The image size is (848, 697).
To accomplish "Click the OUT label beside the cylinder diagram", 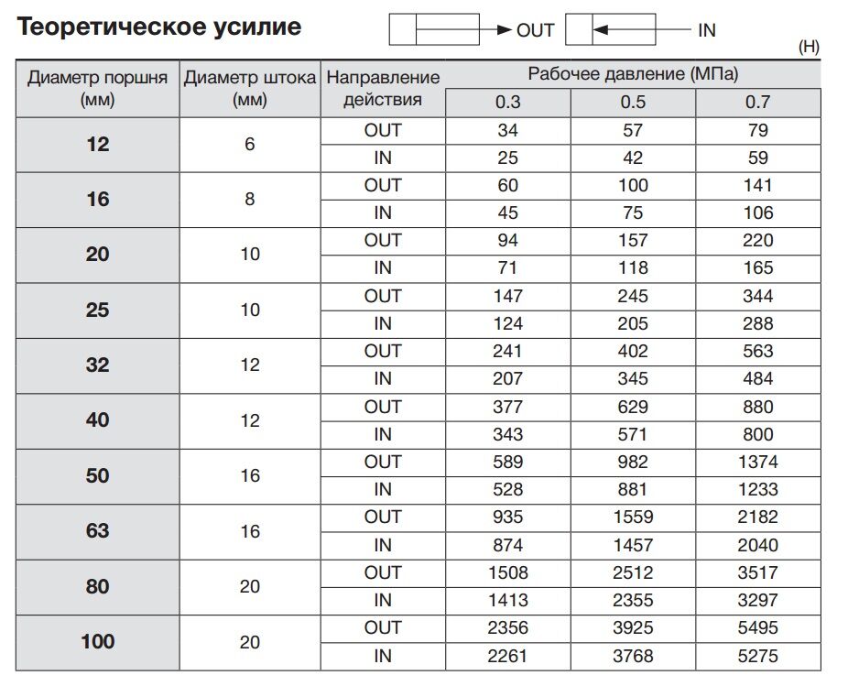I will (x=536, y=30).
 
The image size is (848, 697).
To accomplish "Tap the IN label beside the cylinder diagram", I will (x=706, y=30).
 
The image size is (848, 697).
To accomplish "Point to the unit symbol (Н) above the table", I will (x=809, y=48).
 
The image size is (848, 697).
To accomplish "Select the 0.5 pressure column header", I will (x=633, y=102).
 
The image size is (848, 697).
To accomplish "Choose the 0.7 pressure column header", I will (x=757, y=102).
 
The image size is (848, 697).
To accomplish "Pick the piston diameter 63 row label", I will (x=97, y=531).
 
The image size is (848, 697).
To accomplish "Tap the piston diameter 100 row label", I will (x=97, y=641).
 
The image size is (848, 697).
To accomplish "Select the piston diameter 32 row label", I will (x=97, y=365).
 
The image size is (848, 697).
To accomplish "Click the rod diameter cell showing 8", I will (x=250, y=199).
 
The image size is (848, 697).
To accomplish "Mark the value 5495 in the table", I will (x=757, y=627).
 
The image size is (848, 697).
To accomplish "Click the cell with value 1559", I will (x=633, y=517).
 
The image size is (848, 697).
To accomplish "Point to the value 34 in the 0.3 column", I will (x=507, y=130).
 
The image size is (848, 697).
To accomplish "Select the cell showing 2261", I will (x=507, y=655).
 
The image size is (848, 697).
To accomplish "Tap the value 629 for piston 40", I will (x=633, y=407).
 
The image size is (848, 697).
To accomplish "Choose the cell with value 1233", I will (x=757, y=489).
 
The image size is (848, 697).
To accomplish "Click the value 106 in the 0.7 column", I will (x=757, y=212).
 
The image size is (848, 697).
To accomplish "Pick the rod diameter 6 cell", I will (x=250, y=144).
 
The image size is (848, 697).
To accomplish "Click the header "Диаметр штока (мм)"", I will (x=250, y=88).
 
